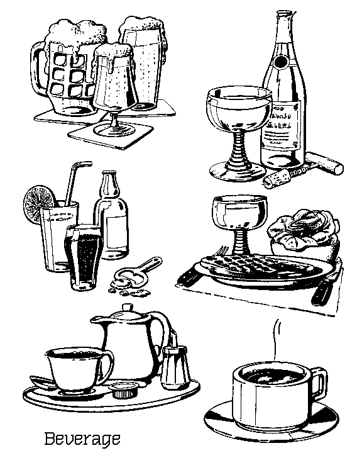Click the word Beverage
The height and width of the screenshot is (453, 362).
tap(82, 439)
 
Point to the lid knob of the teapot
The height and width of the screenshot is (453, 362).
tap(128, 308)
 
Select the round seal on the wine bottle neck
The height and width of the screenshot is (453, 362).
tap(280, 62)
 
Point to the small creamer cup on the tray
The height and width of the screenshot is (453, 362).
tap(124, 389)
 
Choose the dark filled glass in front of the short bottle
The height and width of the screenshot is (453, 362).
tap(84, 257)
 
